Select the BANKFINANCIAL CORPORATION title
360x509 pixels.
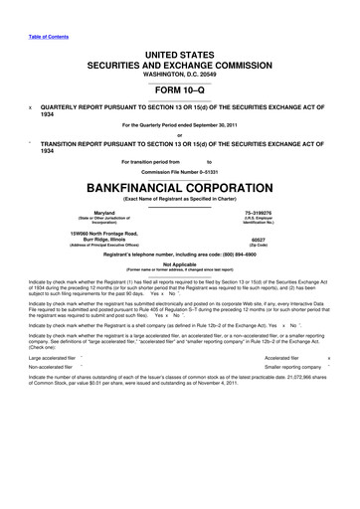(179, 186)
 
